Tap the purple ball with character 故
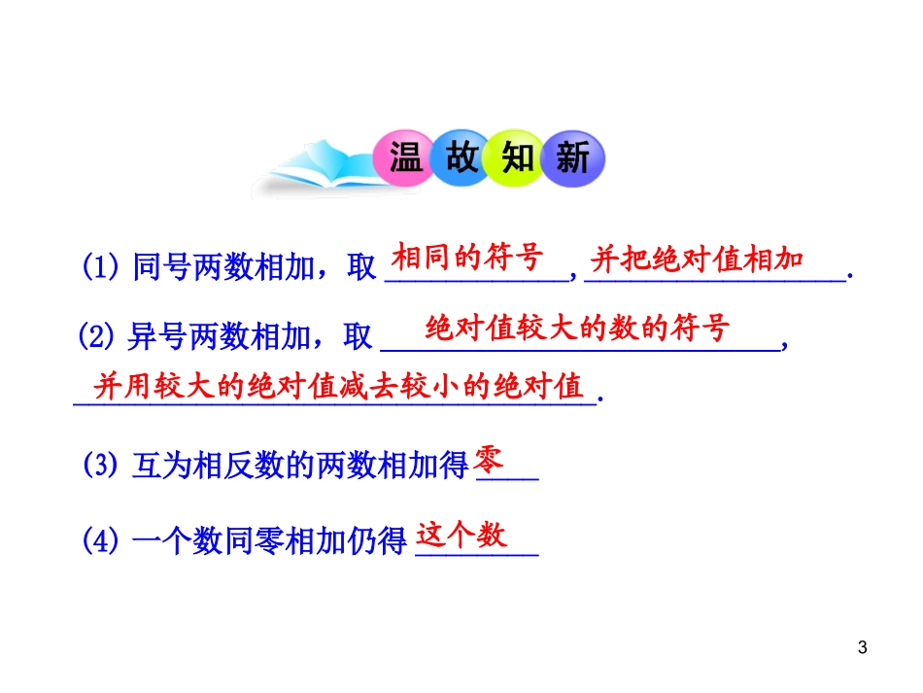tap(461, 156)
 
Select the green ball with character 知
tap(519, 156)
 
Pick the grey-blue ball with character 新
tap(573, 156)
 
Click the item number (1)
tap(100, 266)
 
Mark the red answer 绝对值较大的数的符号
tap(577, 329)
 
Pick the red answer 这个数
tap(461, 534)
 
